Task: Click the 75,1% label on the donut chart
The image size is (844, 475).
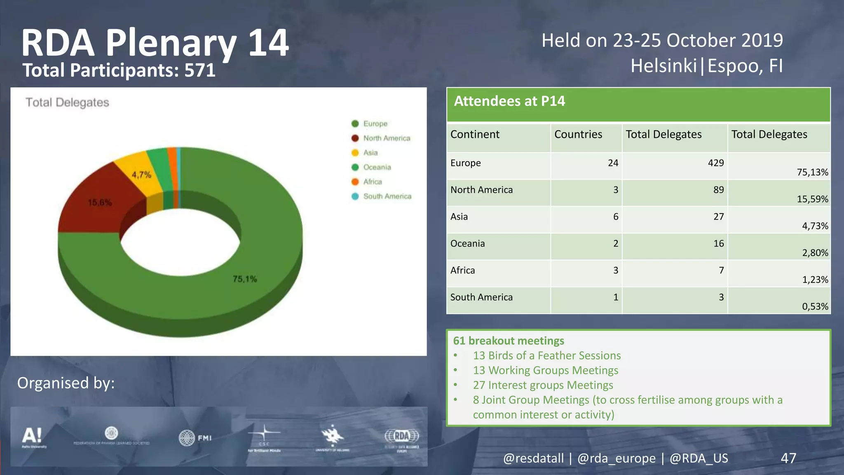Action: point(245,279)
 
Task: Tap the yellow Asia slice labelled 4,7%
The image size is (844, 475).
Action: point(141,174)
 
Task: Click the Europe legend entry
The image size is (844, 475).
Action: point(375,124)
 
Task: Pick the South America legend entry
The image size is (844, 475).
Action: point(387,196)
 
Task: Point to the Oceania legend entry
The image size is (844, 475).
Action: point(377,167)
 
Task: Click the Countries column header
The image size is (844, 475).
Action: point(578,134)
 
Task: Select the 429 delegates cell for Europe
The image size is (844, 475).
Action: point(715,163)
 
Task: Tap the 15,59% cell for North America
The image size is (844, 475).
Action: point(812,199)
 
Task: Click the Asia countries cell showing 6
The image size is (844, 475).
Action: point(615,216)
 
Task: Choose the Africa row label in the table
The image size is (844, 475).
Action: point(462,270)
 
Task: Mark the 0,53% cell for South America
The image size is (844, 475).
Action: point(814,306)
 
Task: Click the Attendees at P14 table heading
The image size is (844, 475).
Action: point(509,101)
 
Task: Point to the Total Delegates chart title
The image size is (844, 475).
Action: point(67,102)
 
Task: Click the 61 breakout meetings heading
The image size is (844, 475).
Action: point(508,341)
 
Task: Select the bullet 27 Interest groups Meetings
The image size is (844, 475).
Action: point(542,385)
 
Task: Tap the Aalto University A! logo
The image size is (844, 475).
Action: point(33,436)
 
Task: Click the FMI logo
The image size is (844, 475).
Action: point(195,437)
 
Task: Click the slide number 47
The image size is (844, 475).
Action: point(788,458)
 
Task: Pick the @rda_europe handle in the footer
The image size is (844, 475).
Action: point(616,458)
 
